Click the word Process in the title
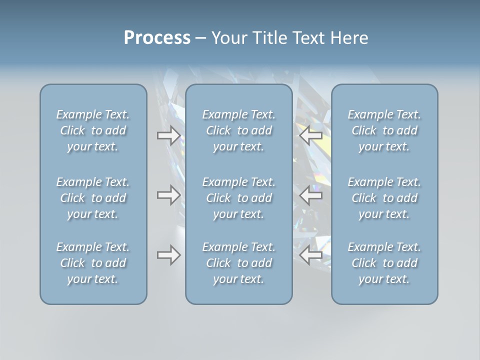pyautogui.click(x=157, y=38)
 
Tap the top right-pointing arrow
pyautogui.click(x=169, y=135)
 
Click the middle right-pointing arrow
pyautogui.click(x=169, y=195)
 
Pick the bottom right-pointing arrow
pyautogui.click(x=169, y=255)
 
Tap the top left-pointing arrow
pyautogui.click(x=310, y=135)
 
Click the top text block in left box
pyautogui.click(x=93, y=130)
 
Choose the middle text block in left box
pyautogui.click(x=93, y=198)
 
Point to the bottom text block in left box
pyautogui.click(x=93, y=263)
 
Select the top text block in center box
pyautogui.click(x=238, y=130)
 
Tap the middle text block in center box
pyautogui.click(x=238, y=198)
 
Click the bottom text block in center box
pyautogui.click(x=238, y=263)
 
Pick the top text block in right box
pyautogui.click(x=384, y=130)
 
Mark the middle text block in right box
pyautogui.click(x=384, y=198)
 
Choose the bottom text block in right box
pyautogui.click(x=384, y=263)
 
